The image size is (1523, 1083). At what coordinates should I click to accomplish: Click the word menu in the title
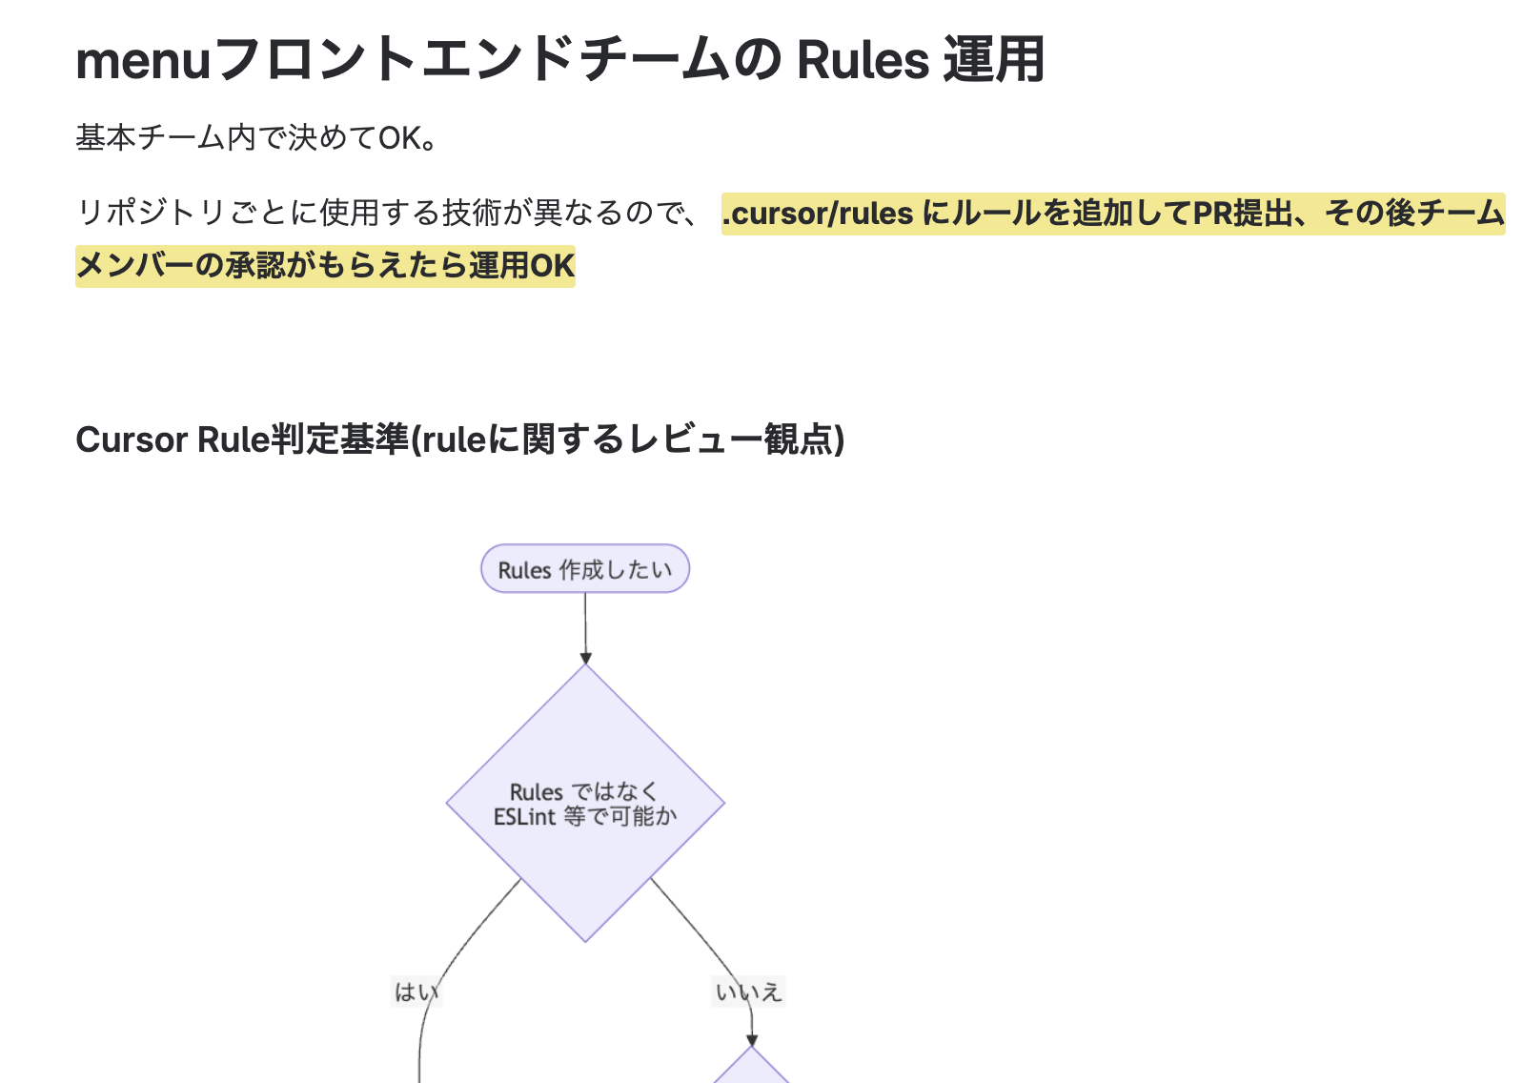143,60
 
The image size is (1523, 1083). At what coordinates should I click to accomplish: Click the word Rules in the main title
863,60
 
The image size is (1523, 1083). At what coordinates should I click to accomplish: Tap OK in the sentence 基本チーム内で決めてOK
400,139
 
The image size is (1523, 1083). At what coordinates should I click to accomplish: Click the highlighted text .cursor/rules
818,214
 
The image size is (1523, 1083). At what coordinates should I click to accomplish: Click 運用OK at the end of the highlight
521,266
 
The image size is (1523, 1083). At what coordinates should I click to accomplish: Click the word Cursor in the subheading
132,439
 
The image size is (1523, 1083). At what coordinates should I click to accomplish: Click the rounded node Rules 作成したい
585,569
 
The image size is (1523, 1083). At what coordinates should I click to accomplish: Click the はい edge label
416,992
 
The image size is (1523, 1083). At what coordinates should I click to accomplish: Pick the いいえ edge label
749,992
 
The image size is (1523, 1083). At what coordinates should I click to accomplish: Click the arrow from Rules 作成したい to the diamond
585,624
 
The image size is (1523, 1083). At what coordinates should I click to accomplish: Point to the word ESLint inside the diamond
524,817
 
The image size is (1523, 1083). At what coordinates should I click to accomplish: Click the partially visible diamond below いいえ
752,1070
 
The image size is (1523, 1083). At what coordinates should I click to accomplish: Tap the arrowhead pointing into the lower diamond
752,1039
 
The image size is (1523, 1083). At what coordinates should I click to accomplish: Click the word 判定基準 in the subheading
340,439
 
